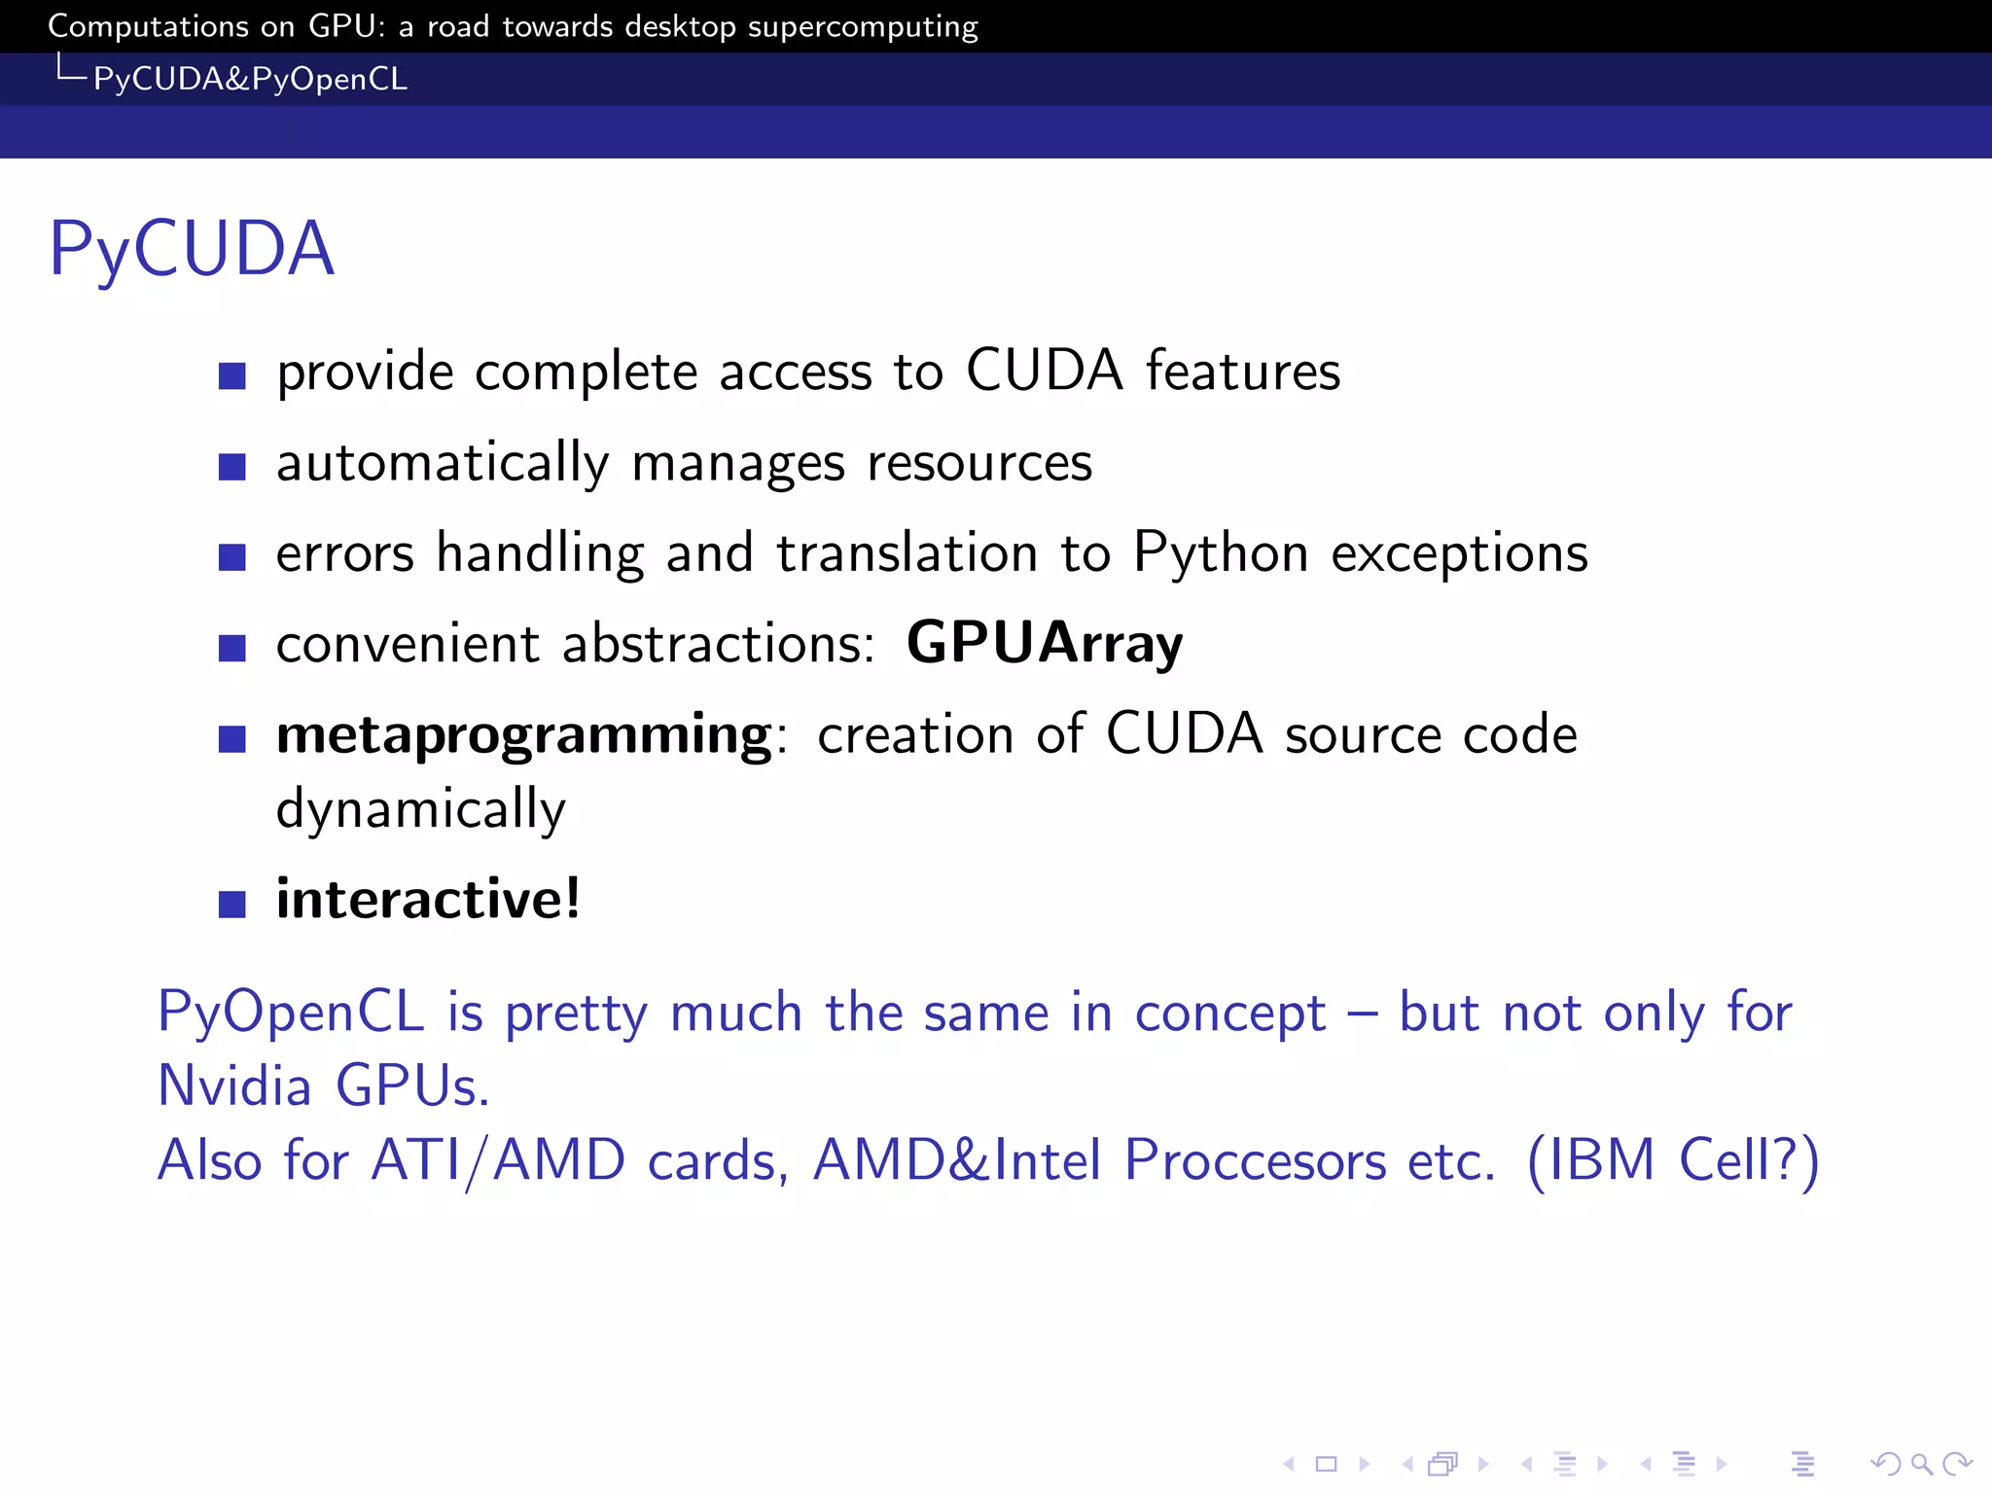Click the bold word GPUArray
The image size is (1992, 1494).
(1045, 644)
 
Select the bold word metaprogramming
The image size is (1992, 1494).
(524, 735)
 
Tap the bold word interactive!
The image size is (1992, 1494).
(428, 899)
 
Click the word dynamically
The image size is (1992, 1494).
(420, 809)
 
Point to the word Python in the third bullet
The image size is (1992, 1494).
(1221, 553)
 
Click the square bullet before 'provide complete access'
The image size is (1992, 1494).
(232, 375)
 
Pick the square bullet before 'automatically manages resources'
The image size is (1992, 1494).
(232, 467)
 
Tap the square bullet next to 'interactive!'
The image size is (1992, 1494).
(232, 905)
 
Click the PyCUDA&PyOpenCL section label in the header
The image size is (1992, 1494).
(250, 79)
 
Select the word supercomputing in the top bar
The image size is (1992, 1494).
(862, 26)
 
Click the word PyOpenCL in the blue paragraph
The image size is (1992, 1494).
(291, 1013)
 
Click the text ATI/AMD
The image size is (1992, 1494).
(497, 1160)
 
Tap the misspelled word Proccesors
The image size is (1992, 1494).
(1255, 1160)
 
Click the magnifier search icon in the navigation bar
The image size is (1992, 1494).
(1921, 1464)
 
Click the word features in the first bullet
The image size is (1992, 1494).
(1242, 372)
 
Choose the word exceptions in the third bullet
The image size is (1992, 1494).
(1459, 553)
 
